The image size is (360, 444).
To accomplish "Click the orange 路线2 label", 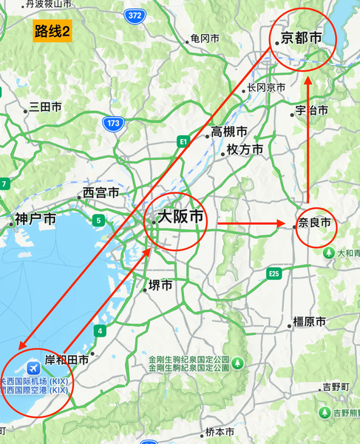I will (52, 32).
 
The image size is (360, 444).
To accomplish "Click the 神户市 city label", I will (35, 220).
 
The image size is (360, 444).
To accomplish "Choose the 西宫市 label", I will (101, 193).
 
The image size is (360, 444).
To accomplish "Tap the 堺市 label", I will (160, 285).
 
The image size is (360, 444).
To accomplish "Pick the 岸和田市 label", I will (67, 360).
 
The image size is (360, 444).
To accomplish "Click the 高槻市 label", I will (229, 132).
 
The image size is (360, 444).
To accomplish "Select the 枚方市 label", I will (245, 149).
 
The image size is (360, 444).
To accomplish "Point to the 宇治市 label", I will (311, 110).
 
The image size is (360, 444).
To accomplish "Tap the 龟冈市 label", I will (205, 38).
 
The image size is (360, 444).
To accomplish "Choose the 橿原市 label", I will (309, 322).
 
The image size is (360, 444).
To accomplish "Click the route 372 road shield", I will (135, 15).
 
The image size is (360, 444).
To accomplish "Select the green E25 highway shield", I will (274, 275).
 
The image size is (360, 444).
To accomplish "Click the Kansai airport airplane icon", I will (33, 368).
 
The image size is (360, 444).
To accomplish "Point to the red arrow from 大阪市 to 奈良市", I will (251, 223).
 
